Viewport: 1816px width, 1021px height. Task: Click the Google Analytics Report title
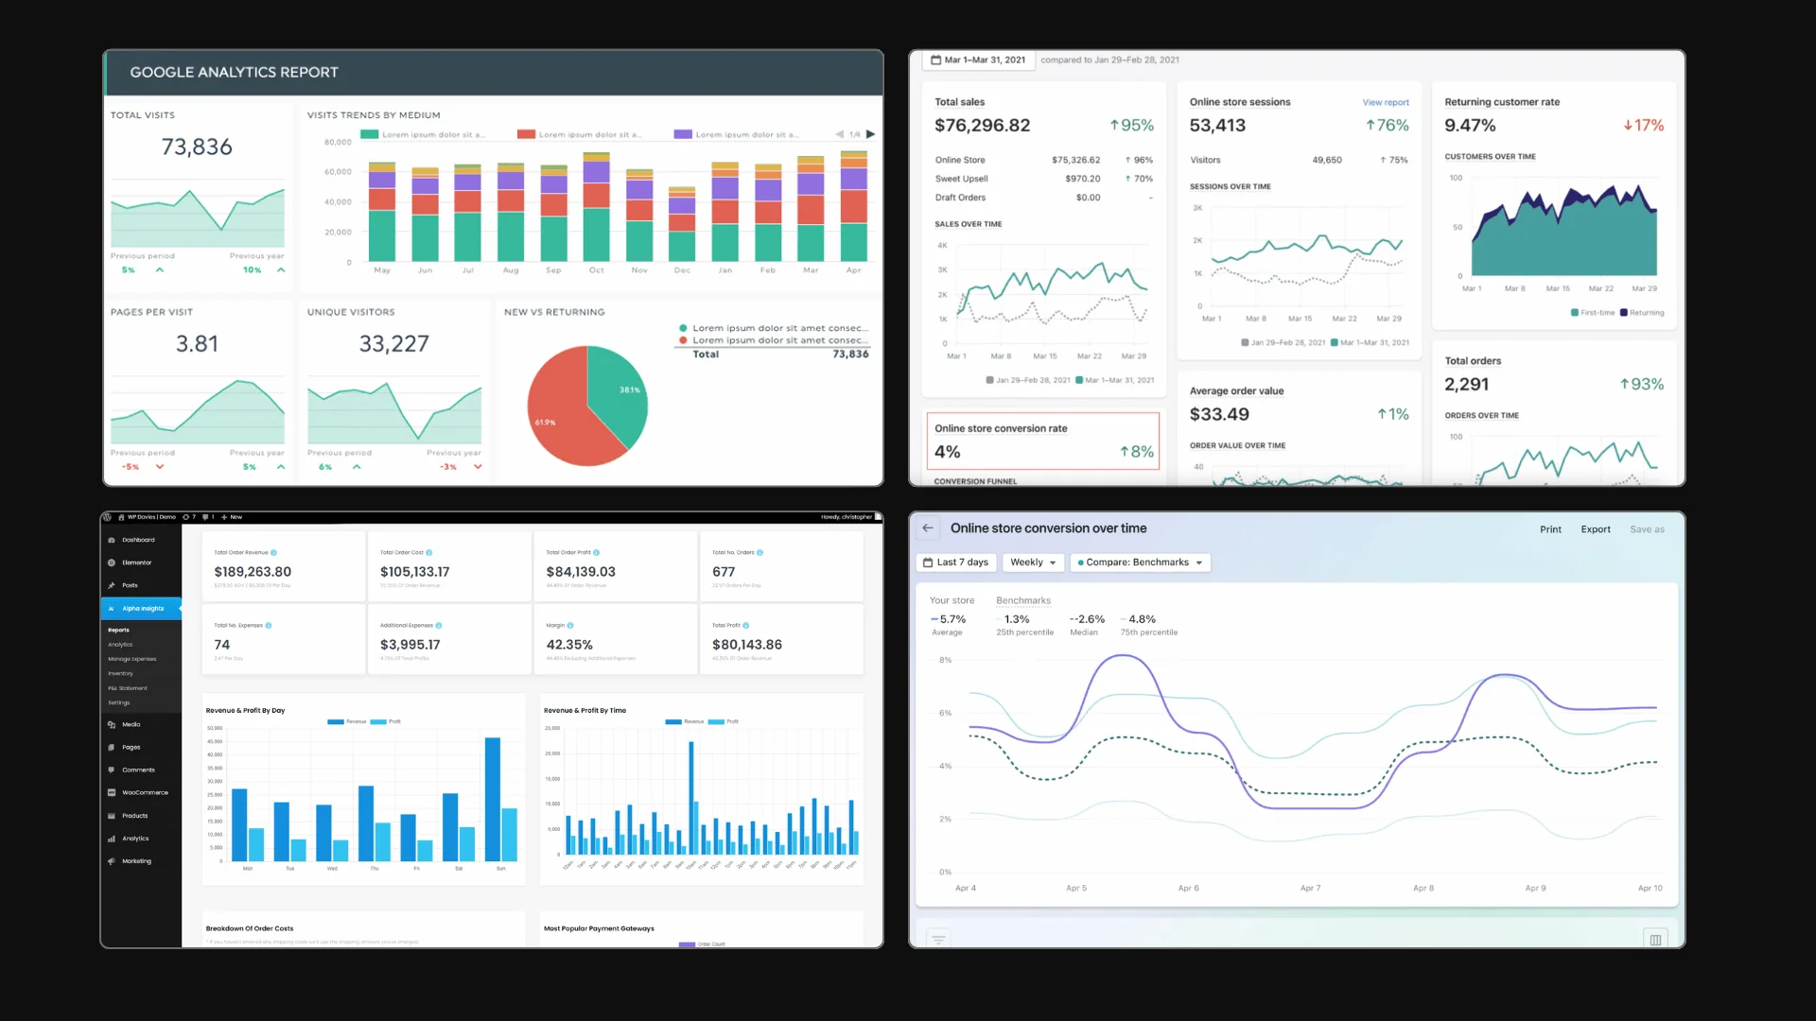pos(234,73)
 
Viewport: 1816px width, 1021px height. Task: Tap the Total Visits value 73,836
pos(197,147)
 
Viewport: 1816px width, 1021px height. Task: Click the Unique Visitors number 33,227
pos(393,344)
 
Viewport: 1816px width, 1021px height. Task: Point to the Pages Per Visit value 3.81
pos(197,344)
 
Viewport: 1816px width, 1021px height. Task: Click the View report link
pos(1385,102)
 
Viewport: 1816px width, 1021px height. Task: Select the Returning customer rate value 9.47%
pos(1470,126)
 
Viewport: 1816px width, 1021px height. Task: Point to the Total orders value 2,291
pos(1466,385)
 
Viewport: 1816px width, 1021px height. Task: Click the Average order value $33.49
pos(1219,415)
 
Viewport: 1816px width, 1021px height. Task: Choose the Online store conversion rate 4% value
pos(947,453)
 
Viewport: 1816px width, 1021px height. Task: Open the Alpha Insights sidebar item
pos(142,609)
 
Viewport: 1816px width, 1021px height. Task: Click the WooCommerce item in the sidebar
pos(144,793)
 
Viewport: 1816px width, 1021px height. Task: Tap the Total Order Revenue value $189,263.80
pos(253,572)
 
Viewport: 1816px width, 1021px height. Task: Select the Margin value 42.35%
pos(569,645)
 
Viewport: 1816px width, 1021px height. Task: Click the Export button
pos(1596,529)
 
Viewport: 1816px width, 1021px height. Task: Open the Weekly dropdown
pos(1033,562)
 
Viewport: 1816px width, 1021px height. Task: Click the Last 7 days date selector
pos(956,562)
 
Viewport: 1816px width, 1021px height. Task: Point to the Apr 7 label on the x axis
pos(1310,889)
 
